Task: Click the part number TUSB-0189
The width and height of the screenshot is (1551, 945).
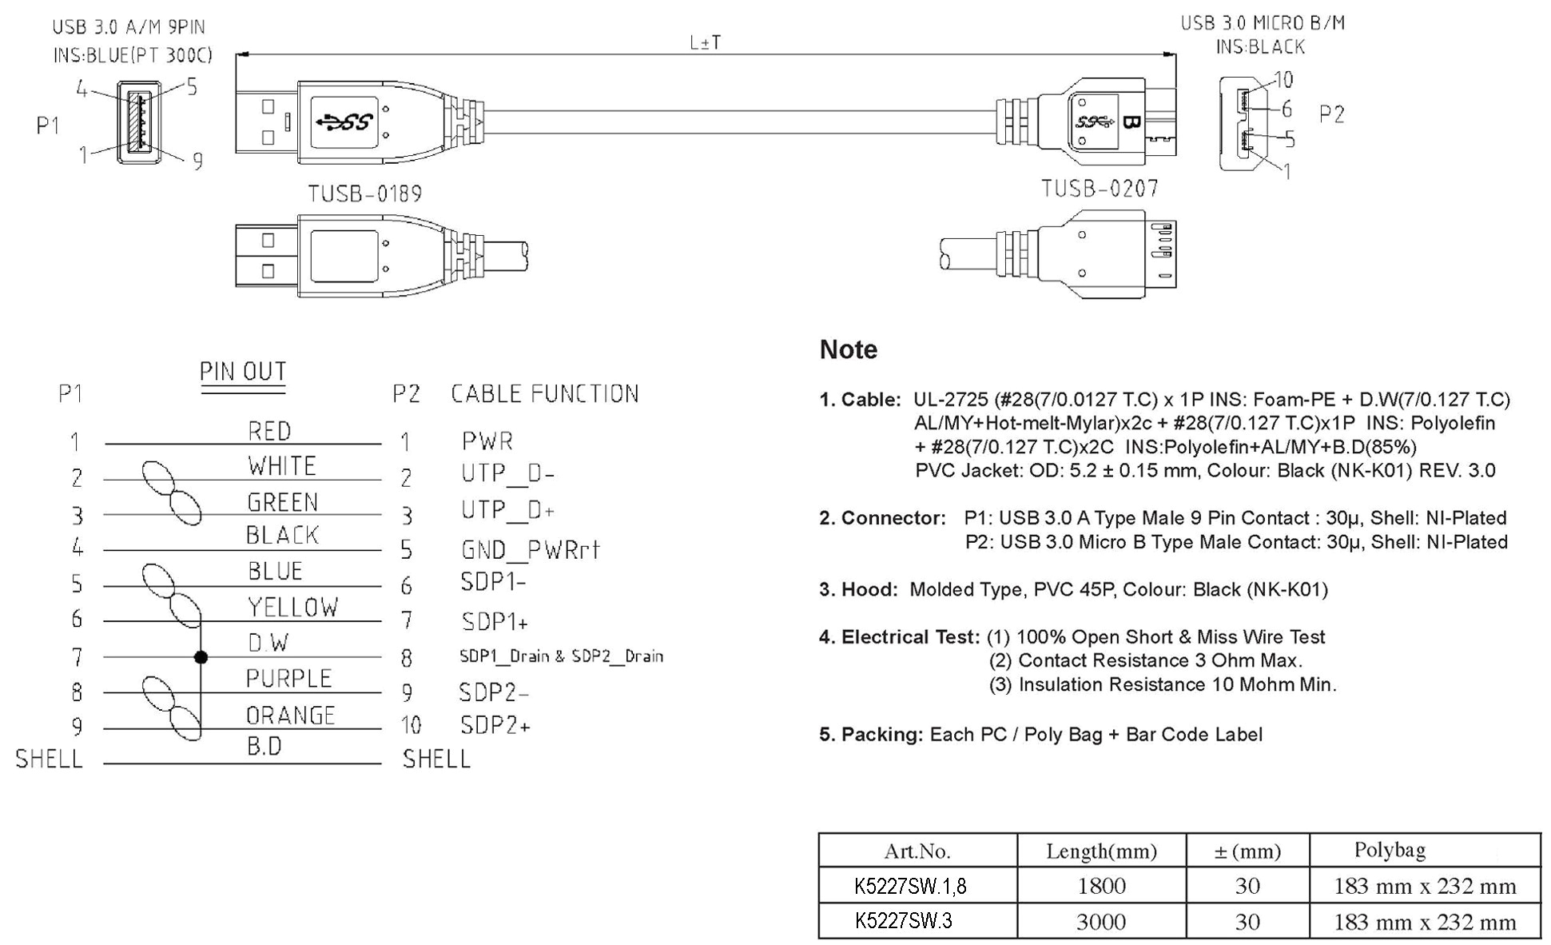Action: click(x=365, y=194)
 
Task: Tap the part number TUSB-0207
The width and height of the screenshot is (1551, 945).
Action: click(x=1100, y=189)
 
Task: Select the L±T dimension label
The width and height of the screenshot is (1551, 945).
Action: click(x=706, y=42)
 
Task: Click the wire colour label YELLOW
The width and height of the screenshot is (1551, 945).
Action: click(x=292, y=608)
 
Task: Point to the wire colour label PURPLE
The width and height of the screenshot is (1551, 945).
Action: click(x=288, y=679)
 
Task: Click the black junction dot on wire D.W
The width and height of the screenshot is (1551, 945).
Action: click(x=201, y=657)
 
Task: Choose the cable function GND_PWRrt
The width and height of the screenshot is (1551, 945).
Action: click(x=530, y=550)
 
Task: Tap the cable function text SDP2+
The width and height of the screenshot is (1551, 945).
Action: click(x=495, y=726)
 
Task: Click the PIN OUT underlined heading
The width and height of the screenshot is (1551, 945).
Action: click(x=243, y=373)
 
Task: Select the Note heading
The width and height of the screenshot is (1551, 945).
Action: click(x=848, y=350)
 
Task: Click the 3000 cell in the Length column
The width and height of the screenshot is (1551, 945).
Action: click(x=1100, y=922)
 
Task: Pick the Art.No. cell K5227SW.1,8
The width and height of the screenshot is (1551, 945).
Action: click(x=909, y=886)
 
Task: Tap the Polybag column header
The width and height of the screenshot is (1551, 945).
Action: click(x=1390, y=850)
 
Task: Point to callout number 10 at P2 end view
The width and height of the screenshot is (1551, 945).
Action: click(x=1283, y=80)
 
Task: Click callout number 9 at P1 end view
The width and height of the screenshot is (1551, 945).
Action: click(x=197, y=161)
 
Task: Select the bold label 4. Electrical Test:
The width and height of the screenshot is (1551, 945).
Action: click(x=899, y=637)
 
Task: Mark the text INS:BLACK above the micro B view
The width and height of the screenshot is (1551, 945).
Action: click(x=1260, y=47)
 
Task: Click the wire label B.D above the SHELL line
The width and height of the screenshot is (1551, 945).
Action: click(x=264, y=747)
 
